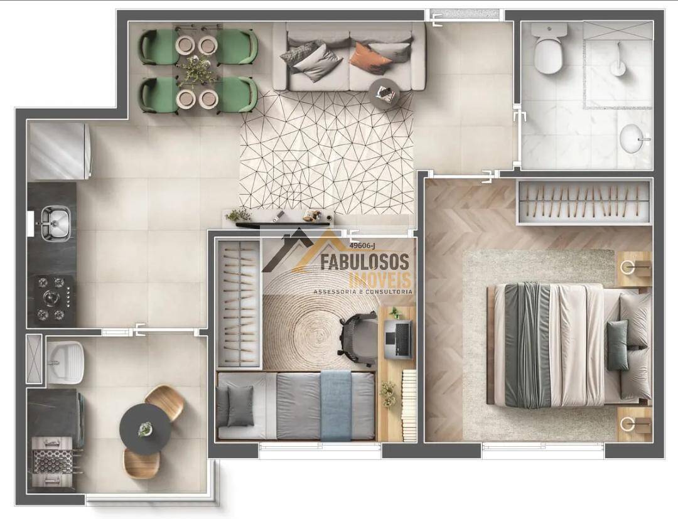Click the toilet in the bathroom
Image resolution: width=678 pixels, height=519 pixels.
click(x=549, y=48)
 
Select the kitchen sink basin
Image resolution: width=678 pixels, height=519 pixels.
click(x=56, y=223)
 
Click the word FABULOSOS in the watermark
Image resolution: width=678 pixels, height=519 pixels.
click(x=364, y=262)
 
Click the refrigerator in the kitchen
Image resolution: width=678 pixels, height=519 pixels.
click(x=59, y=151)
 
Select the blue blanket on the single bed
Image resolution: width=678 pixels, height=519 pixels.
click(x=336, y=405)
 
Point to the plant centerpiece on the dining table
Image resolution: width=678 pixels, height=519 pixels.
click(x=197, y=70)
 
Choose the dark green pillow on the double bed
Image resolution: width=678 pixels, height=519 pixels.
click(x=618, y=346)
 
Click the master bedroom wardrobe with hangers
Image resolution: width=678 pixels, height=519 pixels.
click(x=585, y=202)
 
